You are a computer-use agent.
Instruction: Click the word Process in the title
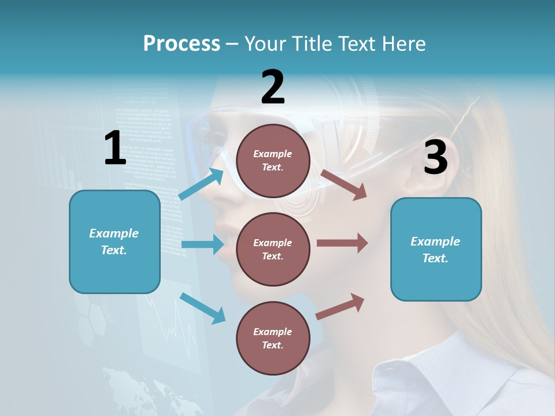tap(182, 43)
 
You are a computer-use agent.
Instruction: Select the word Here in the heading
tap(402, 43)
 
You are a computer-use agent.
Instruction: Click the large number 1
tap(115, 148)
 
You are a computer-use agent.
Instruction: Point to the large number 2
tap(273, 88)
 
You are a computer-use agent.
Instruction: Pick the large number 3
tap(435, 158)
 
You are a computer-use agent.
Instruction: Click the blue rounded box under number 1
tap(114, 242)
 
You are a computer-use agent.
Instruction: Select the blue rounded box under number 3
tap(436, 249)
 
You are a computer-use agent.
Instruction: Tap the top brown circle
tap(273, 161)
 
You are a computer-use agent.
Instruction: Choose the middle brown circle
tap(273, 249)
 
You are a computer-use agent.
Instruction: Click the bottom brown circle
tap(273, 338)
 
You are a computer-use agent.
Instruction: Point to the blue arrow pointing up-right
tap(201, 184)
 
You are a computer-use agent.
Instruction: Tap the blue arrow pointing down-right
tap(203, 308)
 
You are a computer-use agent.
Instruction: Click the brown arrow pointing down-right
tap(343, 184)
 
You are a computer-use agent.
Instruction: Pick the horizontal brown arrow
tap(342, 243)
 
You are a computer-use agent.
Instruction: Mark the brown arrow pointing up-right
tap(341, 307)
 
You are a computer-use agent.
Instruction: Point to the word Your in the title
tap(265, 43)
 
